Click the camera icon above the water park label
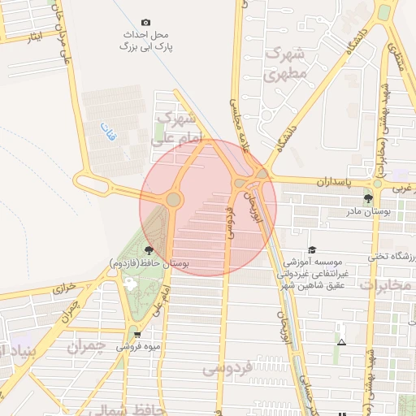145,22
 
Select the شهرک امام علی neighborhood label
174,128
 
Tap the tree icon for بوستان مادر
369,197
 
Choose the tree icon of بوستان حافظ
149,250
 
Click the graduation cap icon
312,250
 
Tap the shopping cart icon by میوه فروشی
136,334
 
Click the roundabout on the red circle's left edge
173,199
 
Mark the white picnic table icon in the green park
131,283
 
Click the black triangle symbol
341,342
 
